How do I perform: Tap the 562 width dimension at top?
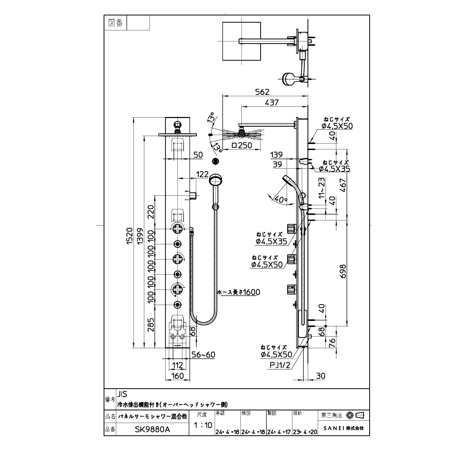[x=262, y=92]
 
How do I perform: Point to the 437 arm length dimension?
[x=271, y=102]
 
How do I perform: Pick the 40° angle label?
[x=281, y=199]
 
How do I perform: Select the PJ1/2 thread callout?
[x=280, y=365]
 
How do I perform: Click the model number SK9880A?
[x=152, y=430]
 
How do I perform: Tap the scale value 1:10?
[x=203, y=425]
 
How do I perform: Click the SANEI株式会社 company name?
[x=344, y=428]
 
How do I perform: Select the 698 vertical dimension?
[x=343, y=271]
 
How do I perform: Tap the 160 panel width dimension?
[x=177, y=376]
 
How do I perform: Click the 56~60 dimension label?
[x=203, y=355]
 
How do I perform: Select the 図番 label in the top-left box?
[x=116, y=23]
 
